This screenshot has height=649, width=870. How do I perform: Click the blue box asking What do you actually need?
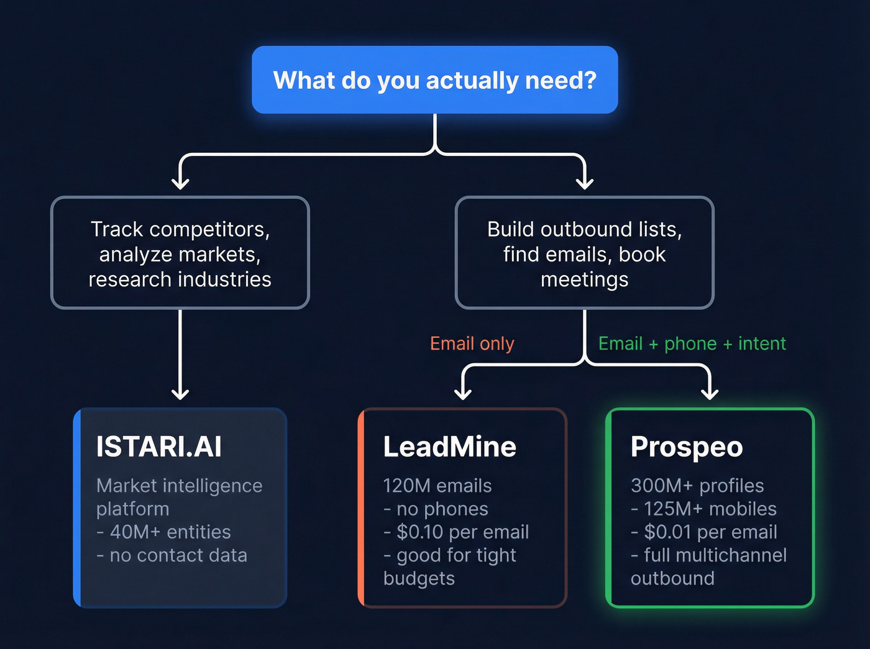434,80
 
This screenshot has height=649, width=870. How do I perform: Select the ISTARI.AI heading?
159,447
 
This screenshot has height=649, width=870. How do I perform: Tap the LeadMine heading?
449,447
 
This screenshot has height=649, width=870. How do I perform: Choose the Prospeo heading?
687,447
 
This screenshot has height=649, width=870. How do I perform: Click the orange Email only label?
472,343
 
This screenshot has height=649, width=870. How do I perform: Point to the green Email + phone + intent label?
692,343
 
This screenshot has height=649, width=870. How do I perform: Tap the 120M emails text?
437,486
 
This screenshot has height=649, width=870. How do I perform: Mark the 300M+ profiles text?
697,486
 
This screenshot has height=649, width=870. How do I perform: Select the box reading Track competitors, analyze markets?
180,253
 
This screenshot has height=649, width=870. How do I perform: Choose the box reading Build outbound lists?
584,253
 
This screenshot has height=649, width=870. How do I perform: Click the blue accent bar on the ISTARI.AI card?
77,507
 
